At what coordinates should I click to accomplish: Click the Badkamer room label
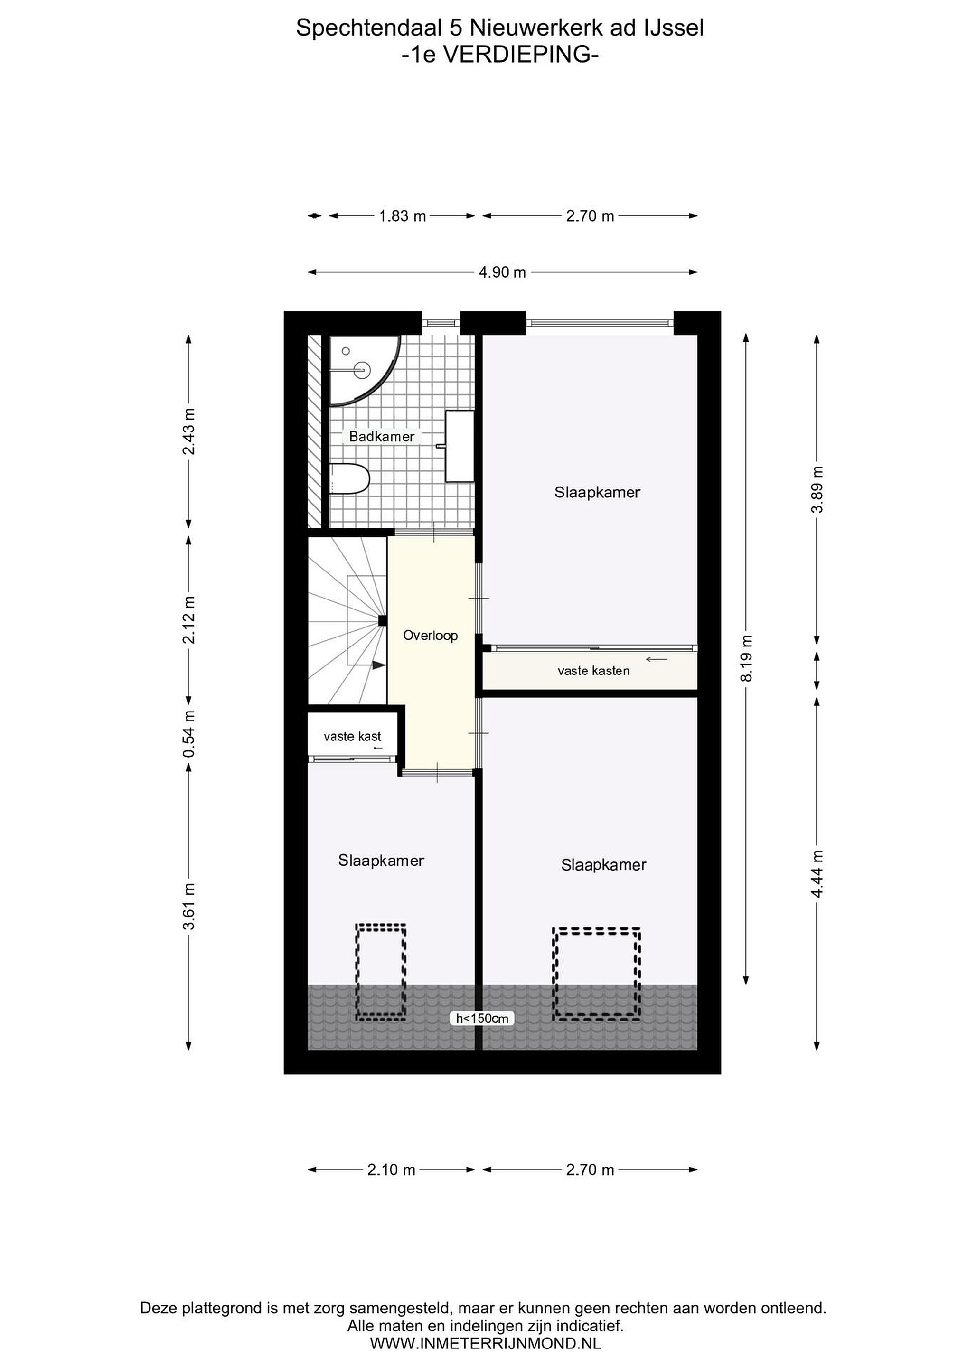pyautogui.click(x=382, y=436)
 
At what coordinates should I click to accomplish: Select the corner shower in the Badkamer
pyautogui.click(x=364, y=370)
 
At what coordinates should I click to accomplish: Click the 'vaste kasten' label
pyautogui.click(x=594, y=671)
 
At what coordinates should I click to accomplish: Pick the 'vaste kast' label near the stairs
pyautogui.click(x=353, y=737)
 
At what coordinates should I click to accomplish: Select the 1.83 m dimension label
pyautogui.click(x=403, y=216)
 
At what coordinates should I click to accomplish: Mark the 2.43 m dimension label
pyautogui.click(x=189, y=431)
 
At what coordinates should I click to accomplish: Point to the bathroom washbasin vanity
pyautogui.click(x=460, y=445)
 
